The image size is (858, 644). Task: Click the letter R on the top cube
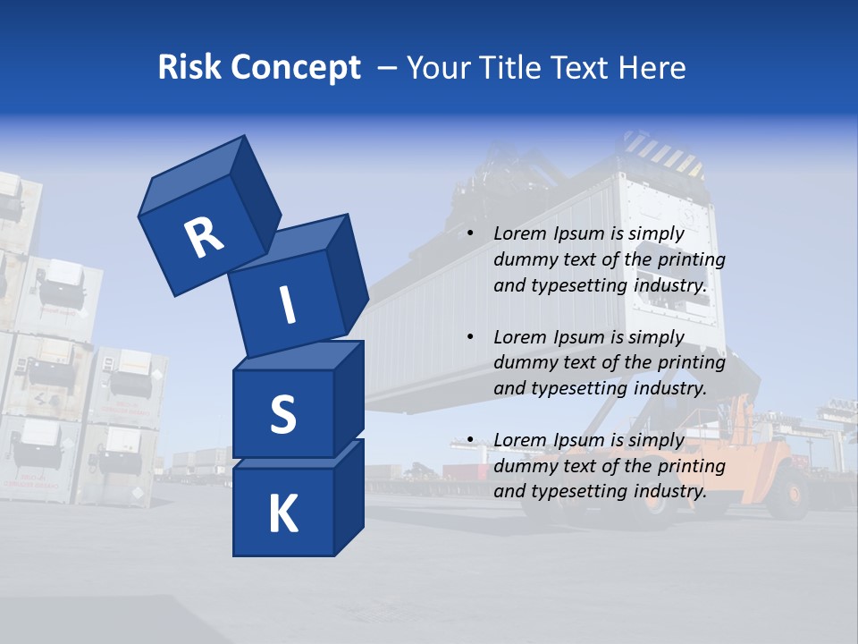(x=204, y=237)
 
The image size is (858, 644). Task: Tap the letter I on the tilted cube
(x=288, y=305)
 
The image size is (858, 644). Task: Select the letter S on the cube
(x=282, y=414)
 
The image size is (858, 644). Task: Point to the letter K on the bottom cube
(x=282, y=514)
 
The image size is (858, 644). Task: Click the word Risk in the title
(x=189, y=67)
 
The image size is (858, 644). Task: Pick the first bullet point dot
(x=470, y=234)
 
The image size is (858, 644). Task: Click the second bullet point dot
(x=470, y=337)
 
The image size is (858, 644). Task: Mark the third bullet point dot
(x=470, y=440)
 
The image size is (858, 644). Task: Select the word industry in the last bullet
(x=667, y=491)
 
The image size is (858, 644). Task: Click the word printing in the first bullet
(x=691, y=260)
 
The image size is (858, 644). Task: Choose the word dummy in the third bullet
(x=524, y=466)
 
